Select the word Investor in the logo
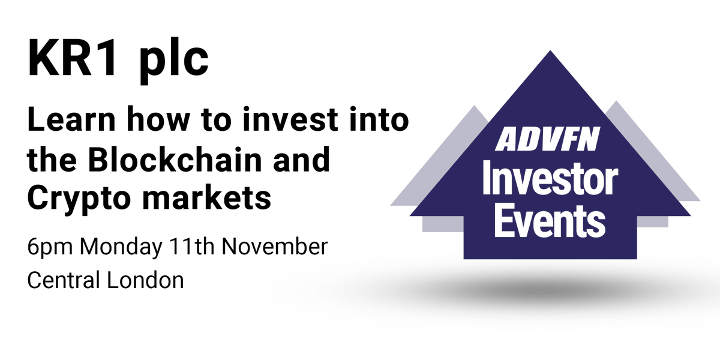(550, 180)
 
